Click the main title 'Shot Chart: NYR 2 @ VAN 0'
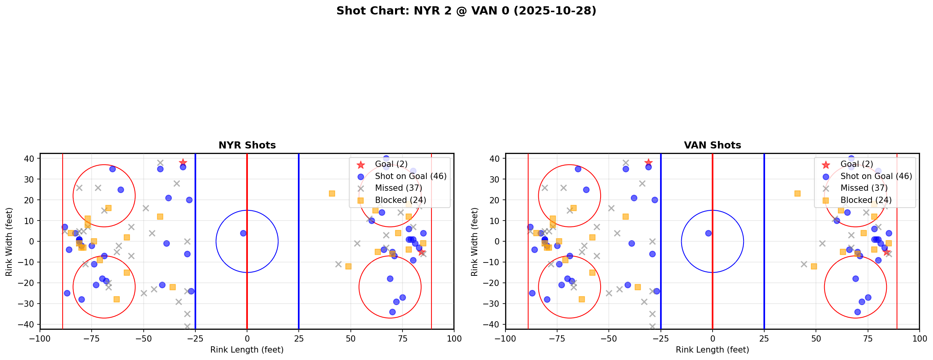pyautogui.click(x=466, y=11)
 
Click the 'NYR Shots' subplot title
pyautogui.click(x=247, y=145)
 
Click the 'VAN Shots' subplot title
pyautogui.click(x=712, y=145)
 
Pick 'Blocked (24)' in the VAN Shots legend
pyautogui.click(x=866, y=200)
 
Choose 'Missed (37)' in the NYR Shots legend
pyautogui.click(x=398, y=188)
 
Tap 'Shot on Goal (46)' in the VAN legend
pyautogui.click(x=876, y=176)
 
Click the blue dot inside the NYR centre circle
pyautogui.click(x=243, y=233)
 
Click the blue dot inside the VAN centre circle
pyautogui.click(x=708, y=233)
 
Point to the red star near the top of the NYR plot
pyautogui.click(x=183, y=163)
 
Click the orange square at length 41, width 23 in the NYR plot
pyautogui.click(x=332, y=194)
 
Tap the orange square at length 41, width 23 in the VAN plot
pyautogui.click(x=797, y=194)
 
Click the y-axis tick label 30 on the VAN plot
pyautogui.click(x=495, y=179)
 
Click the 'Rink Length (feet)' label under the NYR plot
pyautogui.click(x=247, y=350)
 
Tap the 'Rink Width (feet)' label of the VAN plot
pyautogui.click(x=475, y=242)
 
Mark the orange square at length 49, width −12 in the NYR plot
pyautogui.click(x=348, y=266)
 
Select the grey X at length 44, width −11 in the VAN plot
pyautogui.click(x=803, y=264)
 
